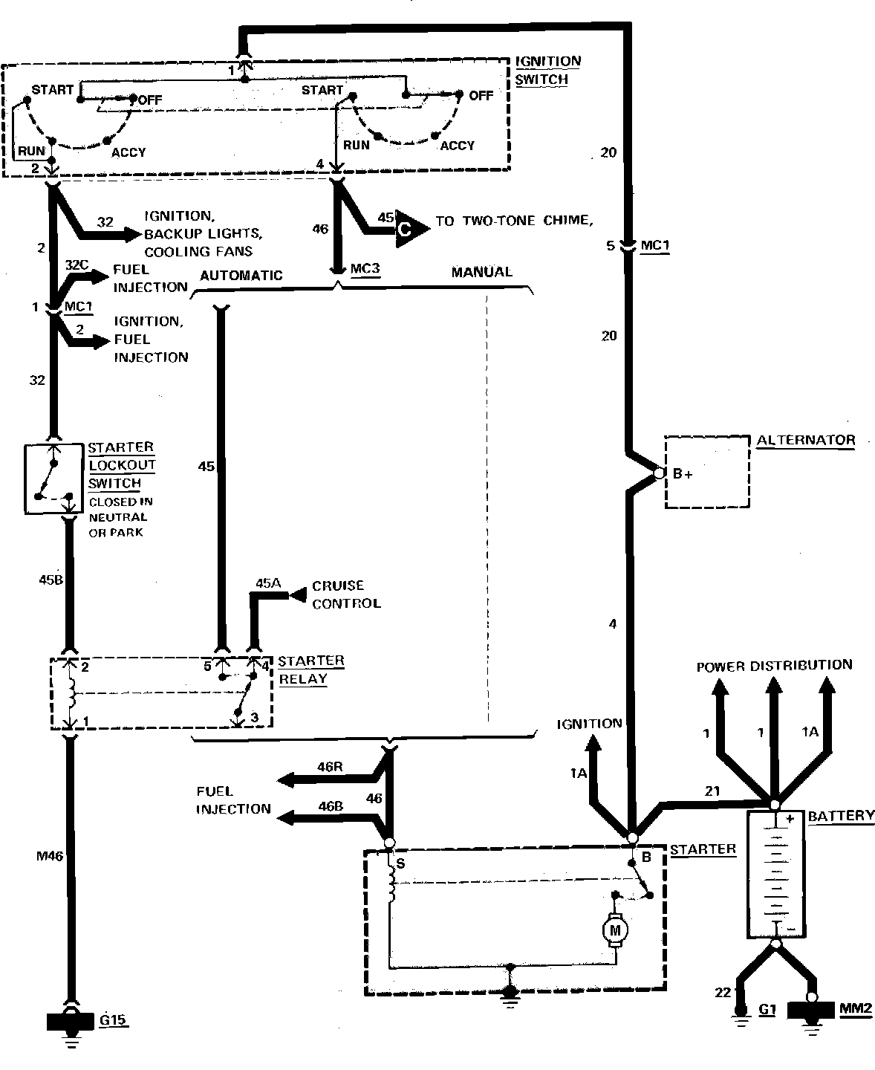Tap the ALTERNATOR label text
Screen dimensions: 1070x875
(806, 440)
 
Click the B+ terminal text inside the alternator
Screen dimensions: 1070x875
(683, 474)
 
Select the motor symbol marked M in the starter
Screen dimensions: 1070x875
(615, 929)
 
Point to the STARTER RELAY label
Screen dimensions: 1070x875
(310, 669)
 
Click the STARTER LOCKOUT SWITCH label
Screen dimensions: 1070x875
(122, 465)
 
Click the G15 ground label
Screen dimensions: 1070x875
(114, 1020)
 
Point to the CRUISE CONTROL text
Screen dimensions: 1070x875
(345, 594)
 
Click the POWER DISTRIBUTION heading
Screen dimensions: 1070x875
(774, 665)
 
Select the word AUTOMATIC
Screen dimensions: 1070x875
(241, 275)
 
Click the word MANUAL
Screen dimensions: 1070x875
(481, 272)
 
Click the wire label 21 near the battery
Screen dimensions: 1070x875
(712, 791)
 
